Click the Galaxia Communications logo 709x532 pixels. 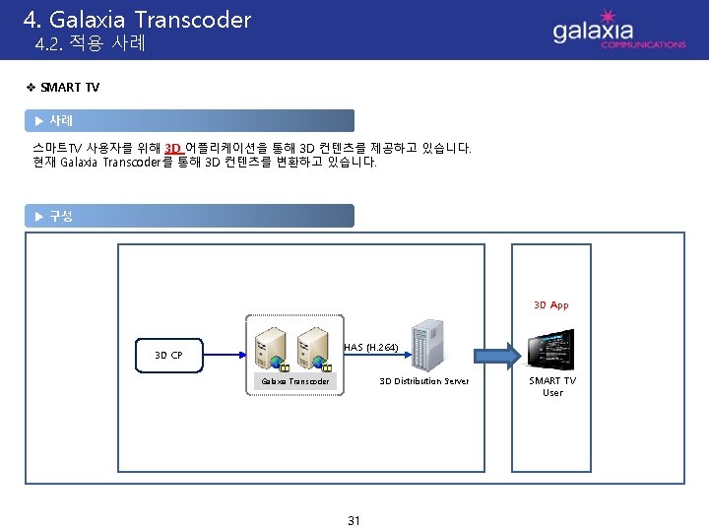tap(617, 31)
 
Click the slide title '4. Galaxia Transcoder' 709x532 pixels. tap(137, 19)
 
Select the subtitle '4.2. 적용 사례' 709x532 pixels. tap(90, 44)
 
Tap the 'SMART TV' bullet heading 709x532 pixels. tap(70, 88)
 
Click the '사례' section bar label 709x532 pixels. tap(61, 120)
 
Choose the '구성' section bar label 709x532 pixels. tap(61, 216)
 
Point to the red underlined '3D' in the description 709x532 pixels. tap(172, 148)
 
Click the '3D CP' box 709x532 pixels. tap(168, 355)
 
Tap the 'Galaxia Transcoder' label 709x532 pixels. tap(294, 381)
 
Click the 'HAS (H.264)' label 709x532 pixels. tap(370, 347)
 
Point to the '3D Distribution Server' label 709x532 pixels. tap(424, 381)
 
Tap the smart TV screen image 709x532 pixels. tap(552, 347)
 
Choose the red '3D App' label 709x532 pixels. tap(550, 305)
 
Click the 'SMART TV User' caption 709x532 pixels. tap(552, 386)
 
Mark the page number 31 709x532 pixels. tap(354, 520)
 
